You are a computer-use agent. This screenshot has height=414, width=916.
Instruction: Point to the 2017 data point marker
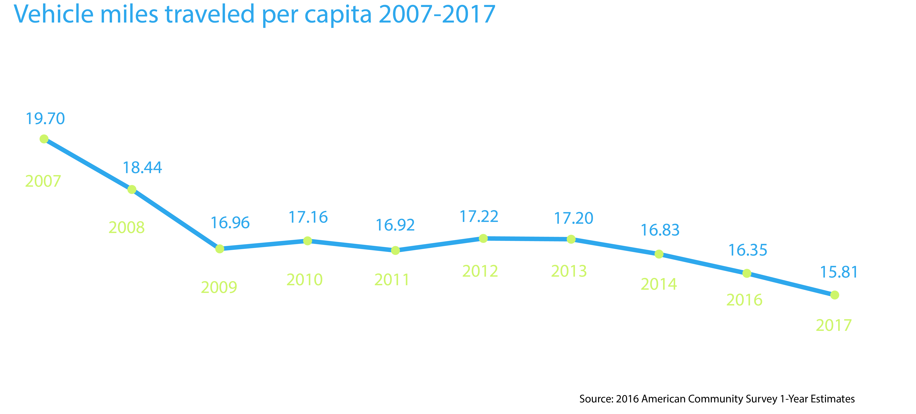point(835,295)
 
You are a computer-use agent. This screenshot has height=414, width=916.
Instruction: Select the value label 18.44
point(142,168)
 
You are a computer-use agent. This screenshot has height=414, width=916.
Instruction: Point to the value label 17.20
point(574,218)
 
